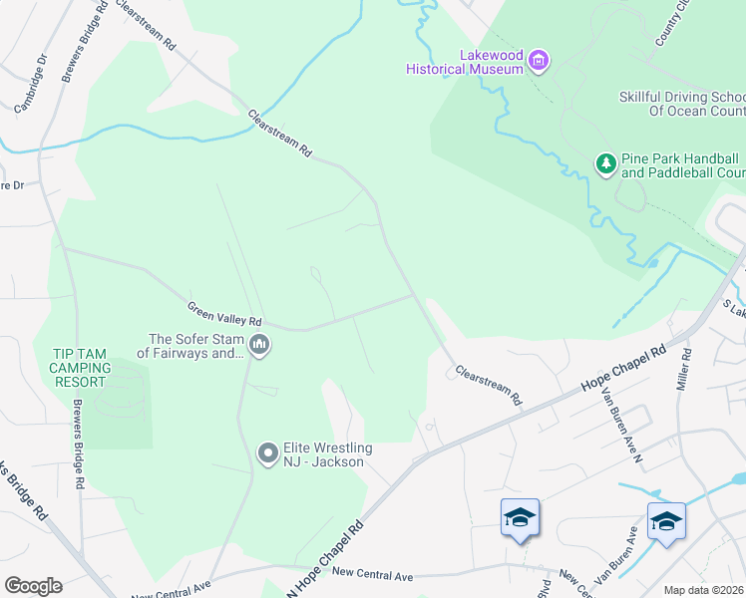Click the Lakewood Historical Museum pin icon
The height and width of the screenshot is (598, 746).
click(539, 61)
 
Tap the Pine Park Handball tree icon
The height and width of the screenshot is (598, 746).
click(605, 163)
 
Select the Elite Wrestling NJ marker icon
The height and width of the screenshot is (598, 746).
click(267, 453)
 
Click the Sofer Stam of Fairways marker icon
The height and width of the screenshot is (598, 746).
click(259, 346)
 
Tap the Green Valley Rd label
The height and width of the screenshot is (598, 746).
click(224, 307)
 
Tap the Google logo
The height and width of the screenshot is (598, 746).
click(33, 586)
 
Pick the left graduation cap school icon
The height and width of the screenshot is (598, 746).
click(520, 517)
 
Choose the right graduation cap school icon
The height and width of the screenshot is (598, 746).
click(666, 521)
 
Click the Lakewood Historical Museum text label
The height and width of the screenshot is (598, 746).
click(465, 62)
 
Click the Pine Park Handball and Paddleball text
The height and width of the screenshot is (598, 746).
click(679, 165)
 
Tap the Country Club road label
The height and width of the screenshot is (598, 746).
click(671, 22)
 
